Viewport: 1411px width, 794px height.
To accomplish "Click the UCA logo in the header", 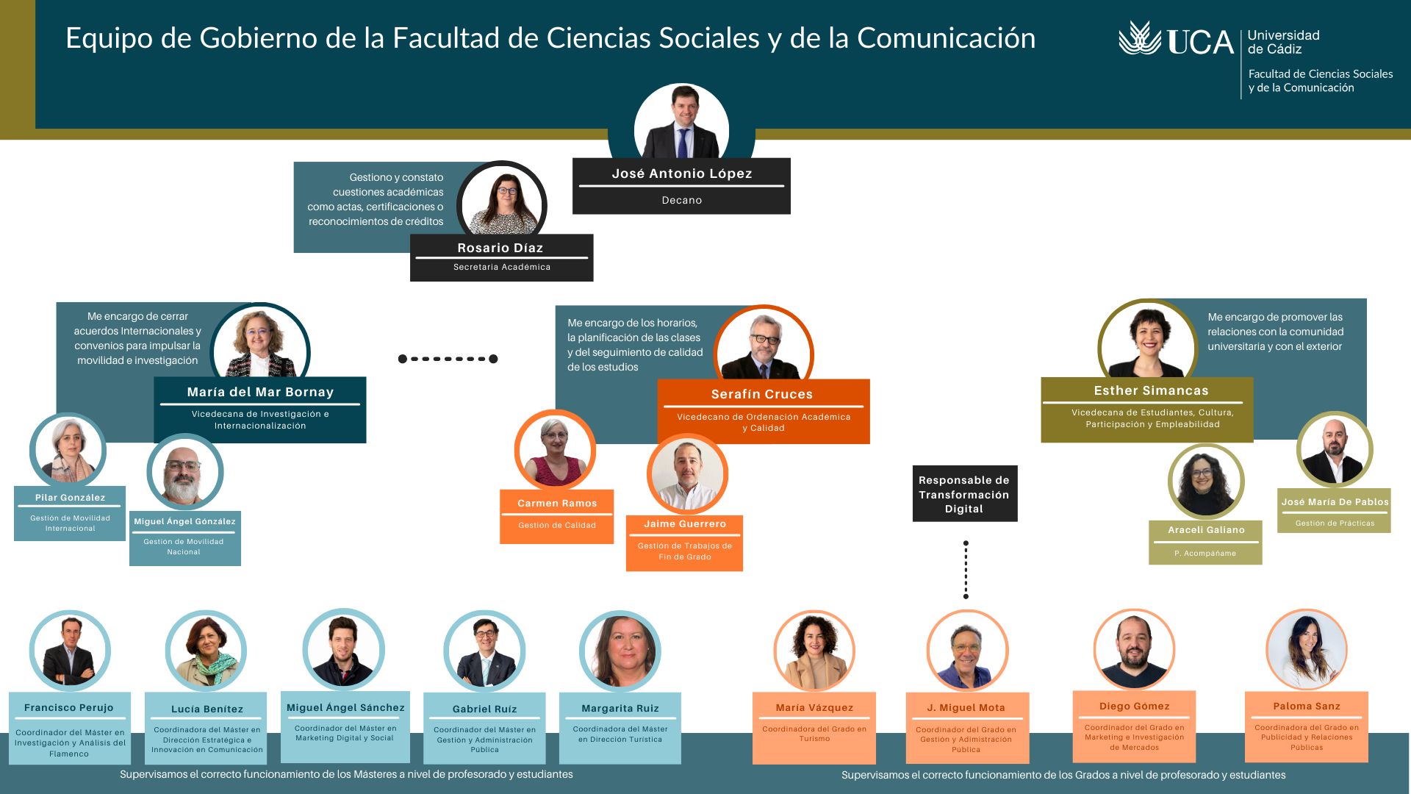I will [1176, 40].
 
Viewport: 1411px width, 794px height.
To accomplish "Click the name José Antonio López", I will [681, 174].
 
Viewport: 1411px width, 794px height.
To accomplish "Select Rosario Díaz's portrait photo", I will [502, 204].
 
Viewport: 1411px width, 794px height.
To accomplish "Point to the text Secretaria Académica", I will [501, 267].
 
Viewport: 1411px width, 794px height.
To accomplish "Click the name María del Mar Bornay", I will [260, 392].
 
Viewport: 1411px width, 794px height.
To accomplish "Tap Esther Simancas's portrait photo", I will [1147, 341].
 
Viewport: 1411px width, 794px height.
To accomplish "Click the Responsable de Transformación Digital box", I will [964, 494].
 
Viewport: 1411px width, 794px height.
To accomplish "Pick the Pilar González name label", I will [70, 498].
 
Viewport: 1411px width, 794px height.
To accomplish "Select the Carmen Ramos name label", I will [557, 504].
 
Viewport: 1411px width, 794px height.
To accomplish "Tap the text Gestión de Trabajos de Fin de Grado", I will [684, 551].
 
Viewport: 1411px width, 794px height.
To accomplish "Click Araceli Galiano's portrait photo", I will [1205, 482].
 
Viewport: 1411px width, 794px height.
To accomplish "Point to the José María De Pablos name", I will [1335, 502].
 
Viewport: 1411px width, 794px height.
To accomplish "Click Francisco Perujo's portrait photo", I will [70, 651].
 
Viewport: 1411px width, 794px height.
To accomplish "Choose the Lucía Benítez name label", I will [207, 709].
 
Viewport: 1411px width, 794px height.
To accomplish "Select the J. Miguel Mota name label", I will [966, 708].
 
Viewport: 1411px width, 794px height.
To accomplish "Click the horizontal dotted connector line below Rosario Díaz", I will [448, 359].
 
